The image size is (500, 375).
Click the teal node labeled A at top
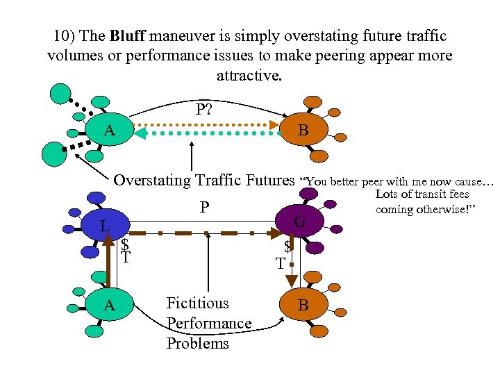[x=109, y=131]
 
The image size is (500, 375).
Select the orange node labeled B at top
[x=303, y=131]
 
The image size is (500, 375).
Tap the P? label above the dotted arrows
[x=204, y=109]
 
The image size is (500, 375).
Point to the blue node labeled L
[x=103, y=226]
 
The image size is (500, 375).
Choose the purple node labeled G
[x=299, y=222]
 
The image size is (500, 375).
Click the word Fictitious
[x=197, y=303]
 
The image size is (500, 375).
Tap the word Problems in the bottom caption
[x=197, y=344]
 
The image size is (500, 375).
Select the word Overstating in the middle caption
[x=151, y=181]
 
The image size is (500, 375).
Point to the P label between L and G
[x=204, y=208]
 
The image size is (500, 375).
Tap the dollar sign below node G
[x=287, y=247]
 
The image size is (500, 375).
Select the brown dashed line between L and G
[x=201, y=233]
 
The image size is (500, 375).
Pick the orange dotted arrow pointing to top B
[x=208, y=125]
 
